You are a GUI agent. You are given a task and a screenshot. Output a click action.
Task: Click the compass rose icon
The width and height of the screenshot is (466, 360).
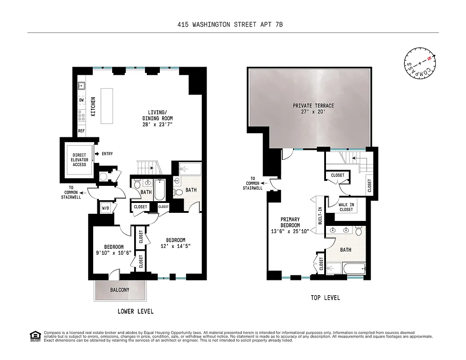coord(420,63)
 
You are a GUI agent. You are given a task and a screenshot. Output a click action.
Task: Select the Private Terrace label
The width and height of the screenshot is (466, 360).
coord(313,106)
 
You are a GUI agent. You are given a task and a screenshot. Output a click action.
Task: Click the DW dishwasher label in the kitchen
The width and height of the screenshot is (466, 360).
coord(81,100)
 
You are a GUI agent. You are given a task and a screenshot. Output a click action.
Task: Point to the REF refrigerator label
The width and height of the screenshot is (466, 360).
coord(81,131)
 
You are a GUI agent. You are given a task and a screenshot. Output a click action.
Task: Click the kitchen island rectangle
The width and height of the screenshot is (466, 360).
coord(107,106)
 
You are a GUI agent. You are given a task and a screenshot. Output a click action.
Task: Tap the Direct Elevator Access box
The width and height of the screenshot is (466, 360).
coord(79,159)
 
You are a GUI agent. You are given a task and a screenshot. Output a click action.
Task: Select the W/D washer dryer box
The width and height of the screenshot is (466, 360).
coord(106,208)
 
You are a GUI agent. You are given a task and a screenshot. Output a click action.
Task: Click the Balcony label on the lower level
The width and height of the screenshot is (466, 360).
coord(120,290)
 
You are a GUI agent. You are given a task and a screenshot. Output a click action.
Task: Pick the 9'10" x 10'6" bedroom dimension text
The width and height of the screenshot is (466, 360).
coord(114,252)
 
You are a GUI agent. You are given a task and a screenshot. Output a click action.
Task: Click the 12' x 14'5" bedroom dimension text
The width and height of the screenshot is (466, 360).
coord(176,246)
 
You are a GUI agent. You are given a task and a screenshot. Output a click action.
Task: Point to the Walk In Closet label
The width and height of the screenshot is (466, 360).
coord(346,207)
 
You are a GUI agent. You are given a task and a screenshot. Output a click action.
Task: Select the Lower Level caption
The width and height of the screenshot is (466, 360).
coord(136,311)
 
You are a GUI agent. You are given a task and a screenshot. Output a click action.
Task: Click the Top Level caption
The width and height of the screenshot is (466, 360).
coord(325,298)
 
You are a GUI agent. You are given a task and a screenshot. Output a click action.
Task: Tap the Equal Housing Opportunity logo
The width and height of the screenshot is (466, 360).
coord(34,336)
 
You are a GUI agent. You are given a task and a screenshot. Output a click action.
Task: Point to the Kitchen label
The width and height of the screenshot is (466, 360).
coord(94,107)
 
